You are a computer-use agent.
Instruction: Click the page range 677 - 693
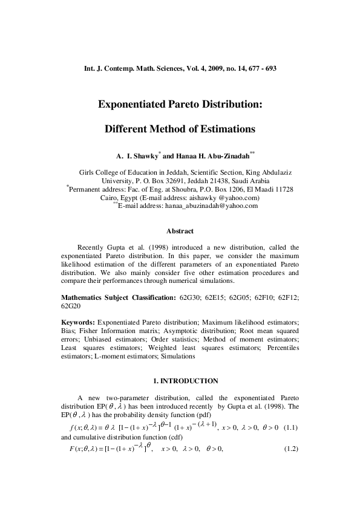pos(262,69)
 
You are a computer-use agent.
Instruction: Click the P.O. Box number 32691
pos(173,180)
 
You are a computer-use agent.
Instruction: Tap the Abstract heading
pos(180,231)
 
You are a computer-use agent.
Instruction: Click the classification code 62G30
pos(192,298)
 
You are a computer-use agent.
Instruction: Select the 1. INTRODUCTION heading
pos(180,381)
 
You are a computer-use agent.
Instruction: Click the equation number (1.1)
pos(288,429)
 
